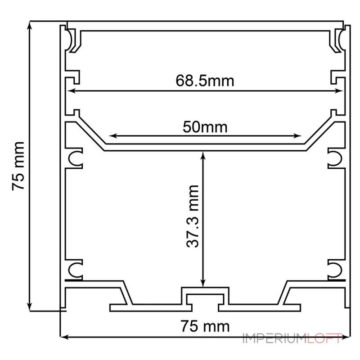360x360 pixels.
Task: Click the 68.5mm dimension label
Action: point(205,81)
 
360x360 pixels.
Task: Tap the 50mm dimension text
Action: point(205,127)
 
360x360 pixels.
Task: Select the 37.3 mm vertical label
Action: point(193,216)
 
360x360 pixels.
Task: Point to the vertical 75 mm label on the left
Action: point(18,166)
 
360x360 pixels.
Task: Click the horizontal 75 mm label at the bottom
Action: point(205,326)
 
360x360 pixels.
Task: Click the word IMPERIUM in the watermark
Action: point(275,338)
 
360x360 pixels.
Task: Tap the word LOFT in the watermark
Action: point(324,338)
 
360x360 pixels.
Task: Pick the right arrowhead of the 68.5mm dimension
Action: point(339,91)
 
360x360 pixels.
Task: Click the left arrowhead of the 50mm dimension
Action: point(113,136)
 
